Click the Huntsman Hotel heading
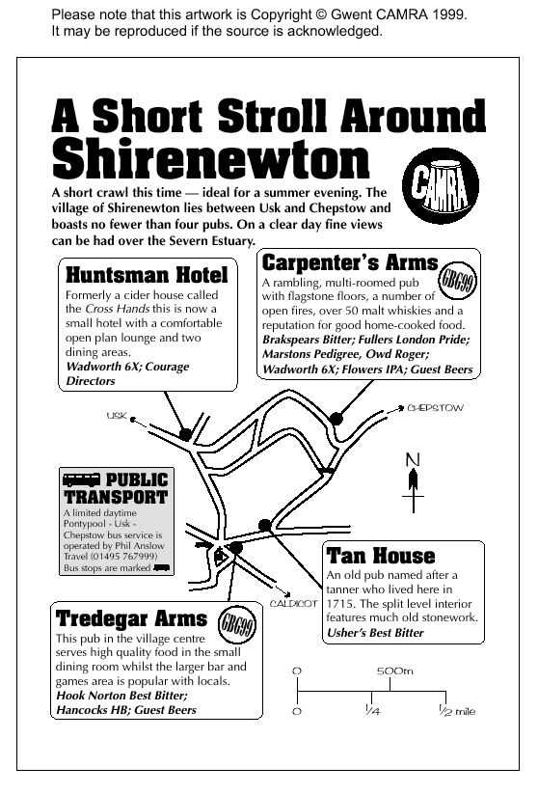[145, 273]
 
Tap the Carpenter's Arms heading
[350, 261]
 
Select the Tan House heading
[381, 556]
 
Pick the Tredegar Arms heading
[131, 617]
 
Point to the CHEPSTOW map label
[435, 408]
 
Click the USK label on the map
[117, 416]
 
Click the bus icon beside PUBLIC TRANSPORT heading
[81, 479]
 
